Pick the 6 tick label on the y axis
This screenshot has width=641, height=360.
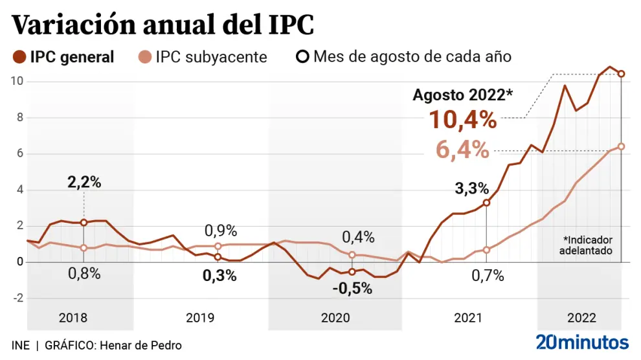(x=19, y=154)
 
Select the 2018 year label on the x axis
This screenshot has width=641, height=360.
(x=73, y=318)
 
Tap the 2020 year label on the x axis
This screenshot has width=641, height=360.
(x=335, y=318)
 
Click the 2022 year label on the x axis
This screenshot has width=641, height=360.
(x=581, y=318)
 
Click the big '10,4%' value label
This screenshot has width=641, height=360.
(x=462, y=120)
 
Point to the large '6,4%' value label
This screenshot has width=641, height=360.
(x=462, y=150)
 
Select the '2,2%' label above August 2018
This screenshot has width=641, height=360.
(x=84, y=182)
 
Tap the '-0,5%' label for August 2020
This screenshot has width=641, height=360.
(x=352, y=289)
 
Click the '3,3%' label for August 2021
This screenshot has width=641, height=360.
(x=471, y=188)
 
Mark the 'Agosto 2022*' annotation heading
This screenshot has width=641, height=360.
(x=463, y=95)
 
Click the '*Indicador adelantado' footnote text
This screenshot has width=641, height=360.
(x=587, y=245)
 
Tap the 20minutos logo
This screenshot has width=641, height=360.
(x=582, y=342)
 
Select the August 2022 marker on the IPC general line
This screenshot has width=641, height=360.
(x=621, y=74)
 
